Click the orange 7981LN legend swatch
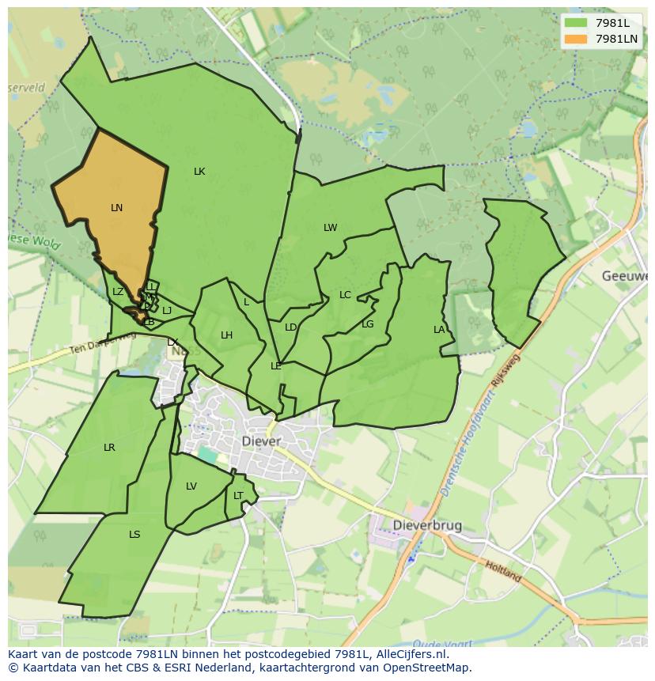pos(577,39)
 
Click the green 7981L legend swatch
pos(577,23)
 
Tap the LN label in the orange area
pos(116,208)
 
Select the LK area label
pos(199,172)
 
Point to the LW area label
pos(330,228)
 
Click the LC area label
pos(345,295)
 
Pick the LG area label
pos(367,324)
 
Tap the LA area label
pos(439,330)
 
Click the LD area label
pos(290,327)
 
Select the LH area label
pos(226,335)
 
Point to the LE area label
pos(276,366)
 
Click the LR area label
pos(109,448)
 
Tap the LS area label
pos(134,535)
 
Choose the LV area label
pos(191,486)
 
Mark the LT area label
pos(238,496)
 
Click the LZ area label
pos(118,292)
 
